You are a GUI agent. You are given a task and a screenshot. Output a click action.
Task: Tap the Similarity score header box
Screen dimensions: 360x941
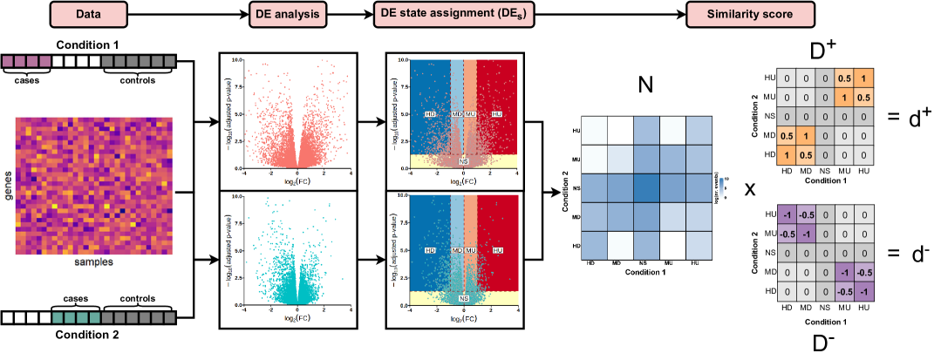click(750, 14)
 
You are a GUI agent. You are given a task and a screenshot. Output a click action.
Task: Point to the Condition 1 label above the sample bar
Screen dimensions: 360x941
click(90, 44)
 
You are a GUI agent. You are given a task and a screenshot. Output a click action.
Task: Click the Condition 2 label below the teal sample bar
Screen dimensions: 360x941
click(90, 332)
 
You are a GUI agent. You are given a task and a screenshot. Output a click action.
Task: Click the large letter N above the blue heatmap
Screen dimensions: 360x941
click(645, 85)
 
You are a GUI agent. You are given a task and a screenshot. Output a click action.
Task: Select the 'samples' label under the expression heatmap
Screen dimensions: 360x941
click(93, 261)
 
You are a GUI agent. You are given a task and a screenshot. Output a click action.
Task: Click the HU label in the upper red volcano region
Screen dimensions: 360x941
click(497, 114)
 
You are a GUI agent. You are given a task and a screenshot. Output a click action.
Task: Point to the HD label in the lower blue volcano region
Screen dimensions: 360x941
click(429, 250)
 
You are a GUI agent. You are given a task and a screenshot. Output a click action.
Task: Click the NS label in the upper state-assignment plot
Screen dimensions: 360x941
click(463, 161)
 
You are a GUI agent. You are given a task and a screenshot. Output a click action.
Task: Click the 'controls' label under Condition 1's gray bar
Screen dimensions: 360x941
click(138, 81)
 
